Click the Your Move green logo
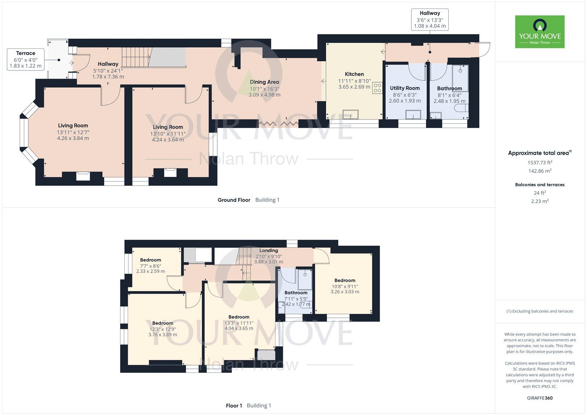click(540, 32)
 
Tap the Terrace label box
click(26, 59)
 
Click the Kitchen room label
click(354, 74)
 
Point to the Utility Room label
click(405, 88)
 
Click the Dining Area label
click(264, 82)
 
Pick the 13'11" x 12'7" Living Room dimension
click(73, 132)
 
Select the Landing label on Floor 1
click(269, 251)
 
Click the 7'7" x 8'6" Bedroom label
click(150, 260)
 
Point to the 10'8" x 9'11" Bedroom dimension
click(345, 286)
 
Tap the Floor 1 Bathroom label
click(296, 293)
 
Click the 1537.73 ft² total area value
click(540, 162)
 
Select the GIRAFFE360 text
click(540, 398)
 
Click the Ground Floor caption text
click(234, 200)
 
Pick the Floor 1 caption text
click(234, 406)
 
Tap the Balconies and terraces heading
click(540, 185)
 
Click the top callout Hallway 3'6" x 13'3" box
click(430, 19)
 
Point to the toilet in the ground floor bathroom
click(461, 108)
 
